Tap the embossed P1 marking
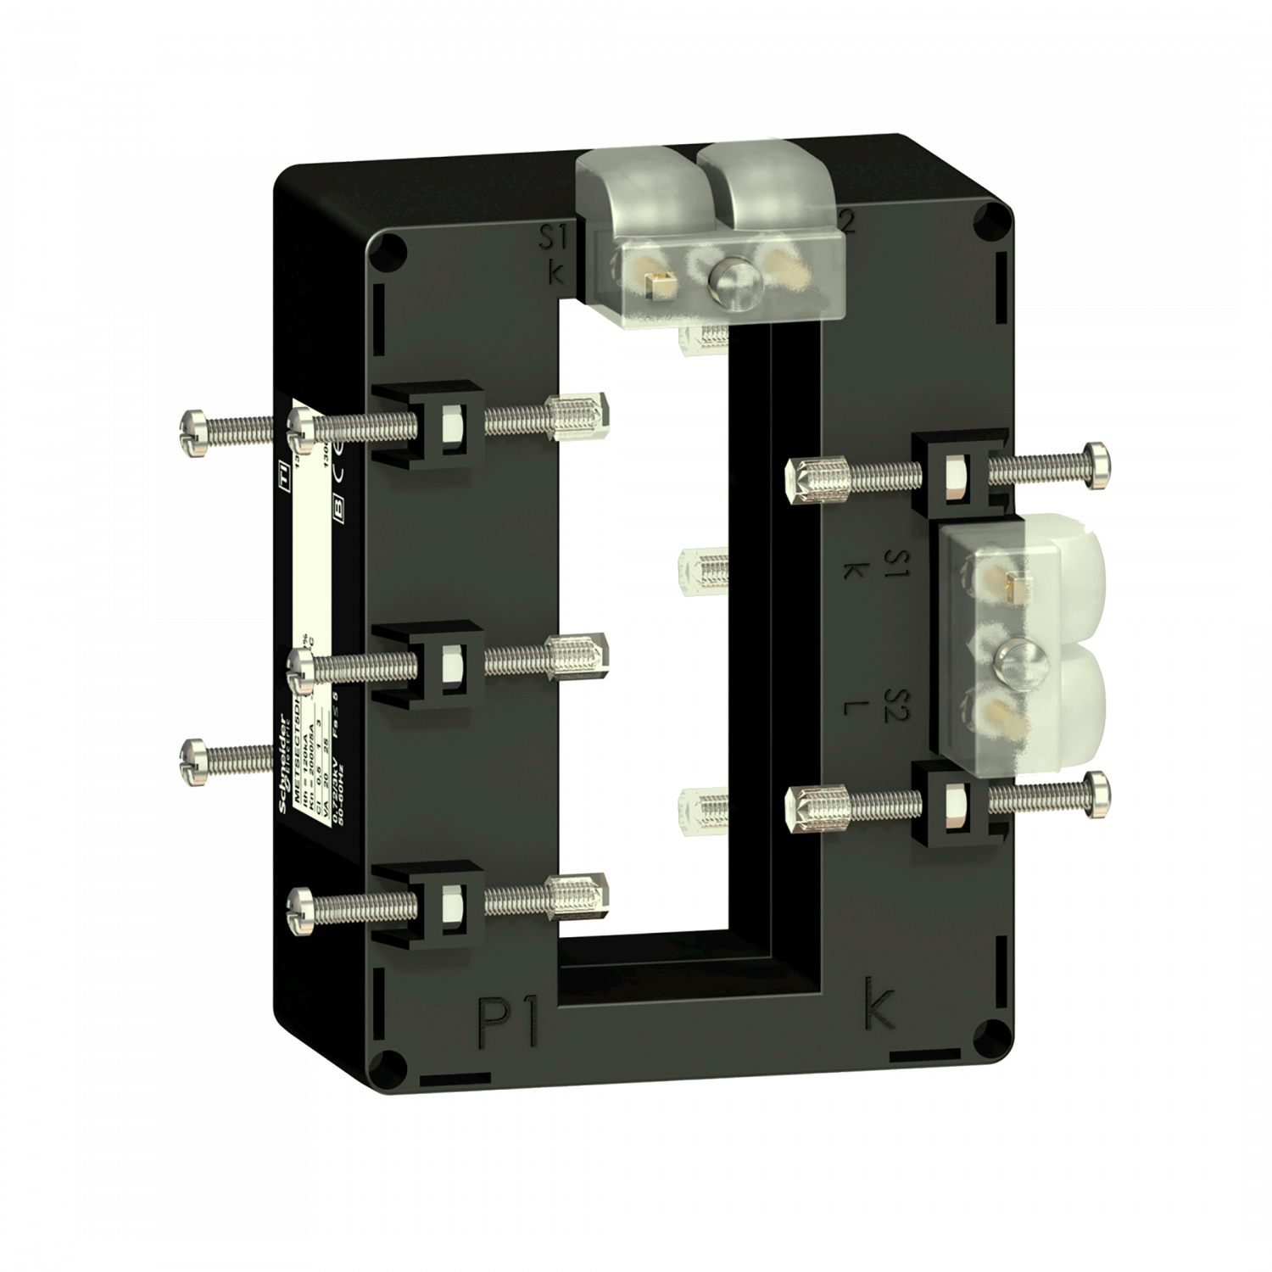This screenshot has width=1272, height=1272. coord(509,1021)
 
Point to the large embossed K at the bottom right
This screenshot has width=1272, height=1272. coord(879,1006)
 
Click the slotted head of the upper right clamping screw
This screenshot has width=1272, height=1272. coord(1099,466)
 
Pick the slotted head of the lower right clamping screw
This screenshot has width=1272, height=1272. coord(1099,795)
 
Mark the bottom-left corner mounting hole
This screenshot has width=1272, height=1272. coord(386,1061)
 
